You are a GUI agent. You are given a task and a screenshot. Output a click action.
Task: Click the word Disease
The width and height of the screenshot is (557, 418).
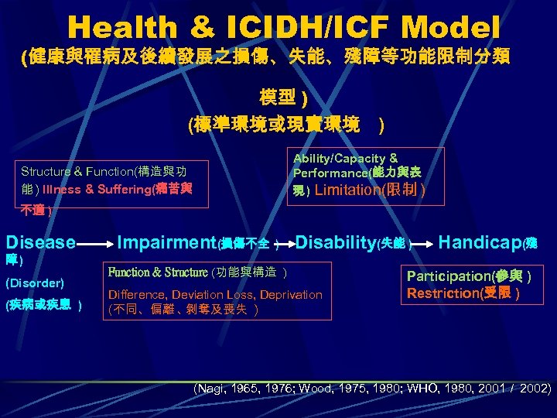pyautogui.click(x=41, y=242)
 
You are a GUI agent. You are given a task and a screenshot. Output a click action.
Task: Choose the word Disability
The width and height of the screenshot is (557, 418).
pyautogui.click(x=335, y=242)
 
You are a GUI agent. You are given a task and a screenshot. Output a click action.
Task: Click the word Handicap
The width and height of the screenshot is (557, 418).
pyautogui.click(x=480, y=242)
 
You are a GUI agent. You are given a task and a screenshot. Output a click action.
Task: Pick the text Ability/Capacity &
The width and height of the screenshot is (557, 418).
pyautogui.click(x=345, y=158)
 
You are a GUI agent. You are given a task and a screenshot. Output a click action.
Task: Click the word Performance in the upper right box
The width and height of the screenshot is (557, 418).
pyautogui.click(x=331, y=174)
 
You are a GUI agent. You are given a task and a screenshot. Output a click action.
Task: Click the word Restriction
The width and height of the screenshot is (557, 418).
pyautogui.click(x=444, y=293)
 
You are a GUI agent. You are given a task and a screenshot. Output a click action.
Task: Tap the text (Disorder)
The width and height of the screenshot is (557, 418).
pyautogui.click(x=35, y=283)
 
